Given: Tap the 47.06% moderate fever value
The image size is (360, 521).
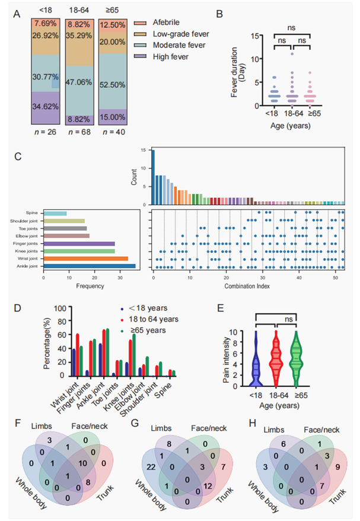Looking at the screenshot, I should (x=81, y=82).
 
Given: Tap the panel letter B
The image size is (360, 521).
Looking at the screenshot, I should (x=234, y=10).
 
